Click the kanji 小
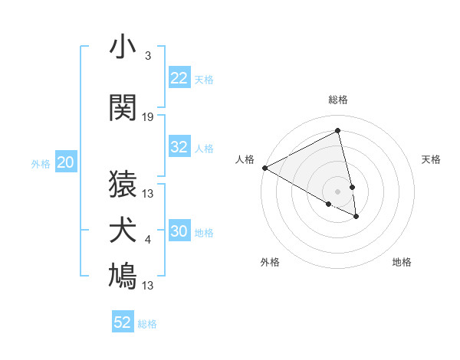point(123,48)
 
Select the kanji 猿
point(123,184)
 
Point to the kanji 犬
point(123,231)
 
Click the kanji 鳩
point(123,277)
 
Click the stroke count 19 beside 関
point(148,117)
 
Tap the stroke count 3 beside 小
point(148,57)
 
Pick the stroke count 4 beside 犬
point(148,241)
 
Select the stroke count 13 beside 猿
point(148,194)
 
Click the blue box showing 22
point(179,78)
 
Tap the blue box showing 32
point(179,147)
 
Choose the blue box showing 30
point(179,231)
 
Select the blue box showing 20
point(66,162)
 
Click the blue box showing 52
point(123,322)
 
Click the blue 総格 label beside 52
point(147,324)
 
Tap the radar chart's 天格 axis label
point(431,159)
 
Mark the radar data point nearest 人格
point(264,168)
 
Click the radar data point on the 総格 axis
point(338,130)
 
